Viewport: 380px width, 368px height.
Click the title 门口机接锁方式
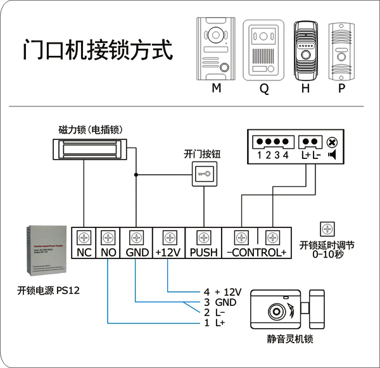click(97, 50)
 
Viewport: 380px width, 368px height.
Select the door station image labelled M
click(217, 48)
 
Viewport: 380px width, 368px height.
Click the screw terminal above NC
click(84, 238)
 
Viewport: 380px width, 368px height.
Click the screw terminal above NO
click(108, 238)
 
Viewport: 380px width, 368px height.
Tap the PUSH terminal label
click(203, 253)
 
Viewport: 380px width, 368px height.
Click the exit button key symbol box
click(204, 173)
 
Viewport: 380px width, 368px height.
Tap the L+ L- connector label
click(310, 155)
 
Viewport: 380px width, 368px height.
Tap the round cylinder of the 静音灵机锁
click(276, 313)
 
